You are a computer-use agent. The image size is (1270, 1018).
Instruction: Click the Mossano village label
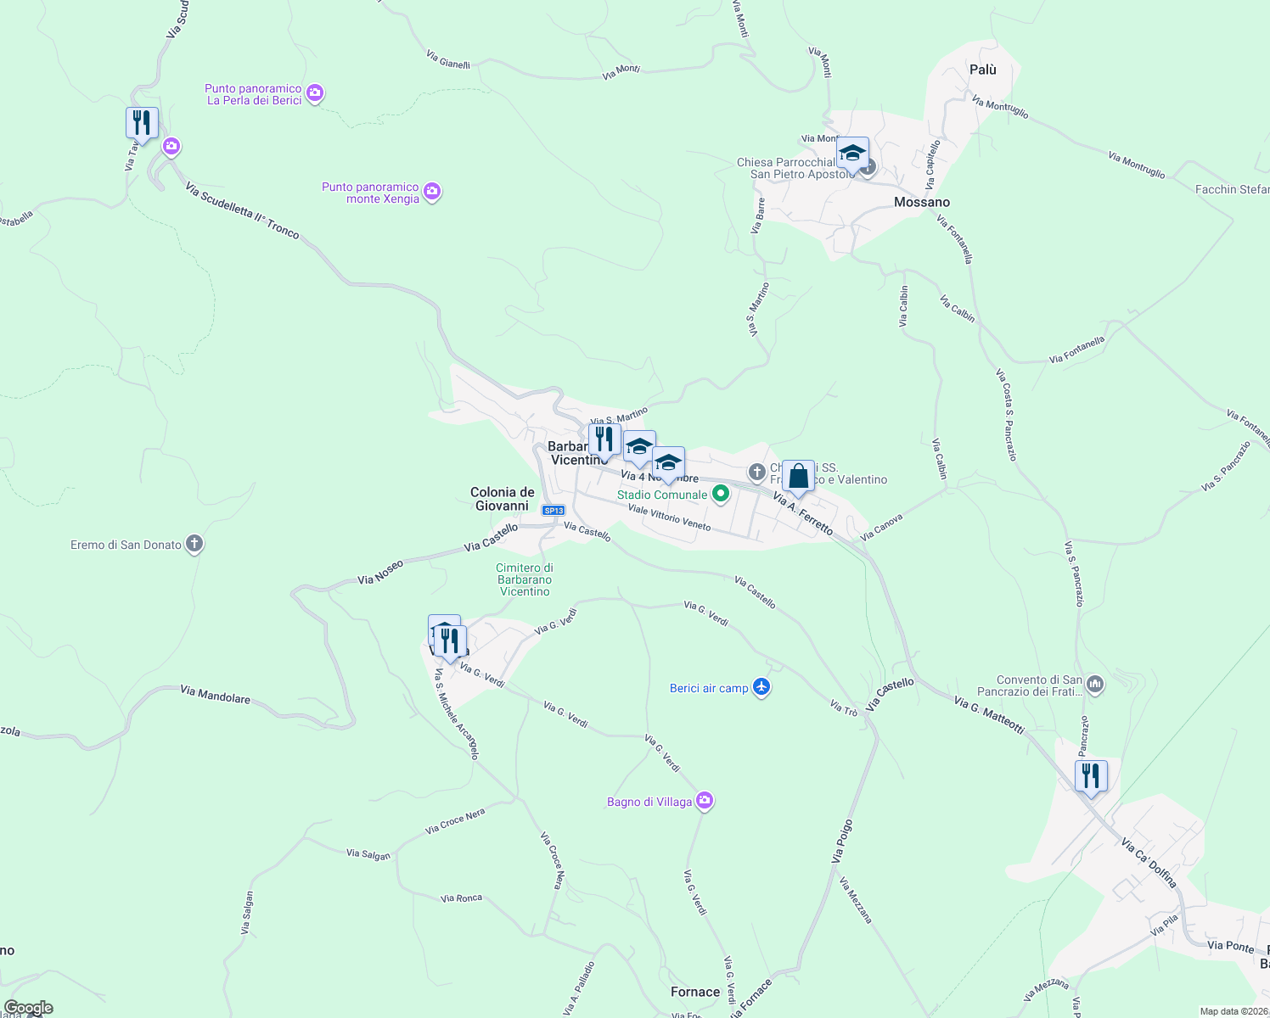(922, 202)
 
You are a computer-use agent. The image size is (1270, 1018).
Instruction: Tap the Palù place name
(983, 70)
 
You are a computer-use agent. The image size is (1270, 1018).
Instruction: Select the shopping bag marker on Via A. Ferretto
(798, 478)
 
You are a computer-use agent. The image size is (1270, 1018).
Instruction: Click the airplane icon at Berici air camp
(761, 687)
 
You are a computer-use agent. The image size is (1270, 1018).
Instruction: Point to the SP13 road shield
(554, 511)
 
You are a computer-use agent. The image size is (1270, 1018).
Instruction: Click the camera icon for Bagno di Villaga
(704, 801)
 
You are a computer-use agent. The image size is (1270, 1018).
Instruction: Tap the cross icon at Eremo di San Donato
(194, 544)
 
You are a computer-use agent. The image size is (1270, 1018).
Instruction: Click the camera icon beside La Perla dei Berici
(315, 93)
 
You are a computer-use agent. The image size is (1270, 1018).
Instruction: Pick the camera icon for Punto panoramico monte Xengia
(432, 192)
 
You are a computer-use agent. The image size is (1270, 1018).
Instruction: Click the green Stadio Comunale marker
(721, 494)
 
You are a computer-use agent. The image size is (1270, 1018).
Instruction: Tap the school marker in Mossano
(851, 154)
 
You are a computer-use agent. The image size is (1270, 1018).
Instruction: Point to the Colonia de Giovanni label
(503, 499)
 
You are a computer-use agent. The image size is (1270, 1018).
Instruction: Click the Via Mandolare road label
(216, 696)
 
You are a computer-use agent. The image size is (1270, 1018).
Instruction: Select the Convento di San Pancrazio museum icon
(1095, 685)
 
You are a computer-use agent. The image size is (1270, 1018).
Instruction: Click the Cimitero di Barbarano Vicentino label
(525, 580)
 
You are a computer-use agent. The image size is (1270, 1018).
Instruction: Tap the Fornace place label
(695, 992)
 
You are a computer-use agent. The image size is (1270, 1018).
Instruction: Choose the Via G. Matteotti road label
(989, 714)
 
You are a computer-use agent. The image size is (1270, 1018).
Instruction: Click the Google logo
(29, 1008)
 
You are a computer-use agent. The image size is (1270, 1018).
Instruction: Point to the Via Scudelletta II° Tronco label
(243, 210)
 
